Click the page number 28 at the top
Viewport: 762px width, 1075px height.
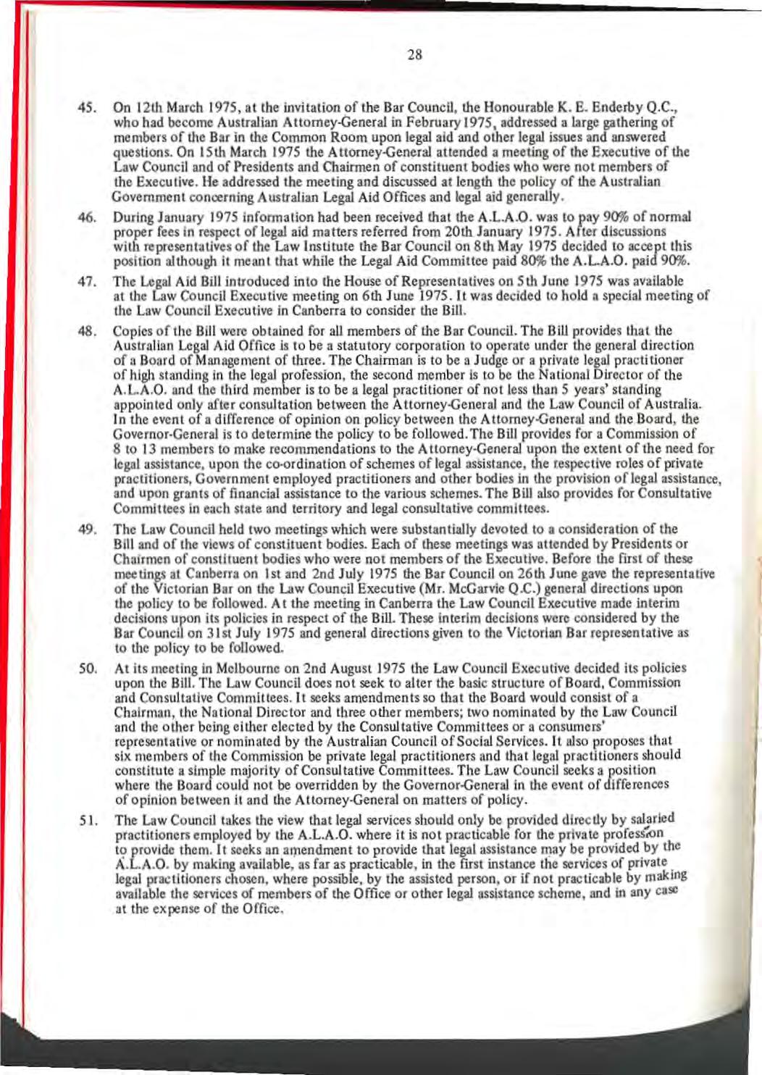[x=414, y=54]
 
